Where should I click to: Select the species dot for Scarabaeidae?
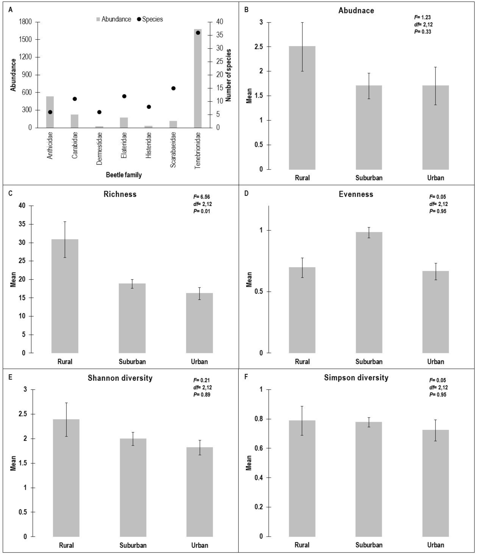(173, 88)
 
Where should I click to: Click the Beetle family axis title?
(124, 175)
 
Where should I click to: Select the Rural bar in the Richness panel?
(65, 296)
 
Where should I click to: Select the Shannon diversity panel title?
(120, 378)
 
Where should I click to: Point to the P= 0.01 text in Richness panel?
(202, 211)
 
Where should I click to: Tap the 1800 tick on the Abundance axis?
(25, 22)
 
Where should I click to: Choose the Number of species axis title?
(228, 75)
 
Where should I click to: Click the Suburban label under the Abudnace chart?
(369, 178)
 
